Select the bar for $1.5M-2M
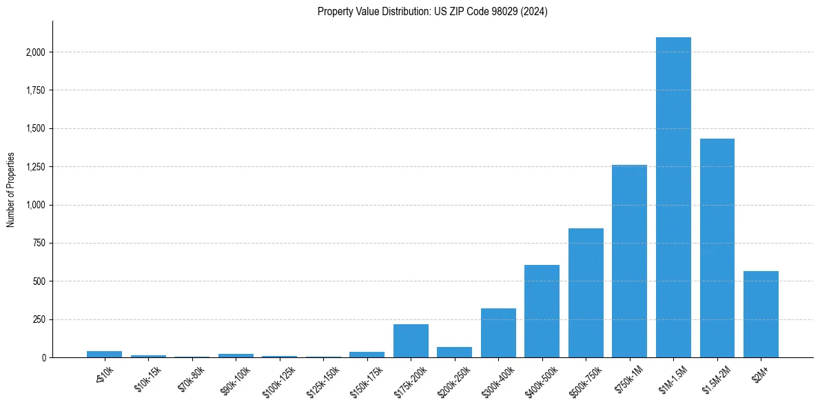[717, 248]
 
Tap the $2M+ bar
[761, 315]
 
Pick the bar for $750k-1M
[629, 261]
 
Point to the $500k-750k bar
[586, 293]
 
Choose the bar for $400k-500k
[542, 311]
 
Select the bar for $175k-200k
[411, 341]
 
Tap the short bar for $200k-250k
[454, 353]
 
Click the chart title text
[433, 12]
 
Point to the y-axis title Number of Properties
[11, 190]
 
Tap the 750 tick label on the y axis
[39, 244]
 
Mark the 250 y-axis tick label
[39, 320]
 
